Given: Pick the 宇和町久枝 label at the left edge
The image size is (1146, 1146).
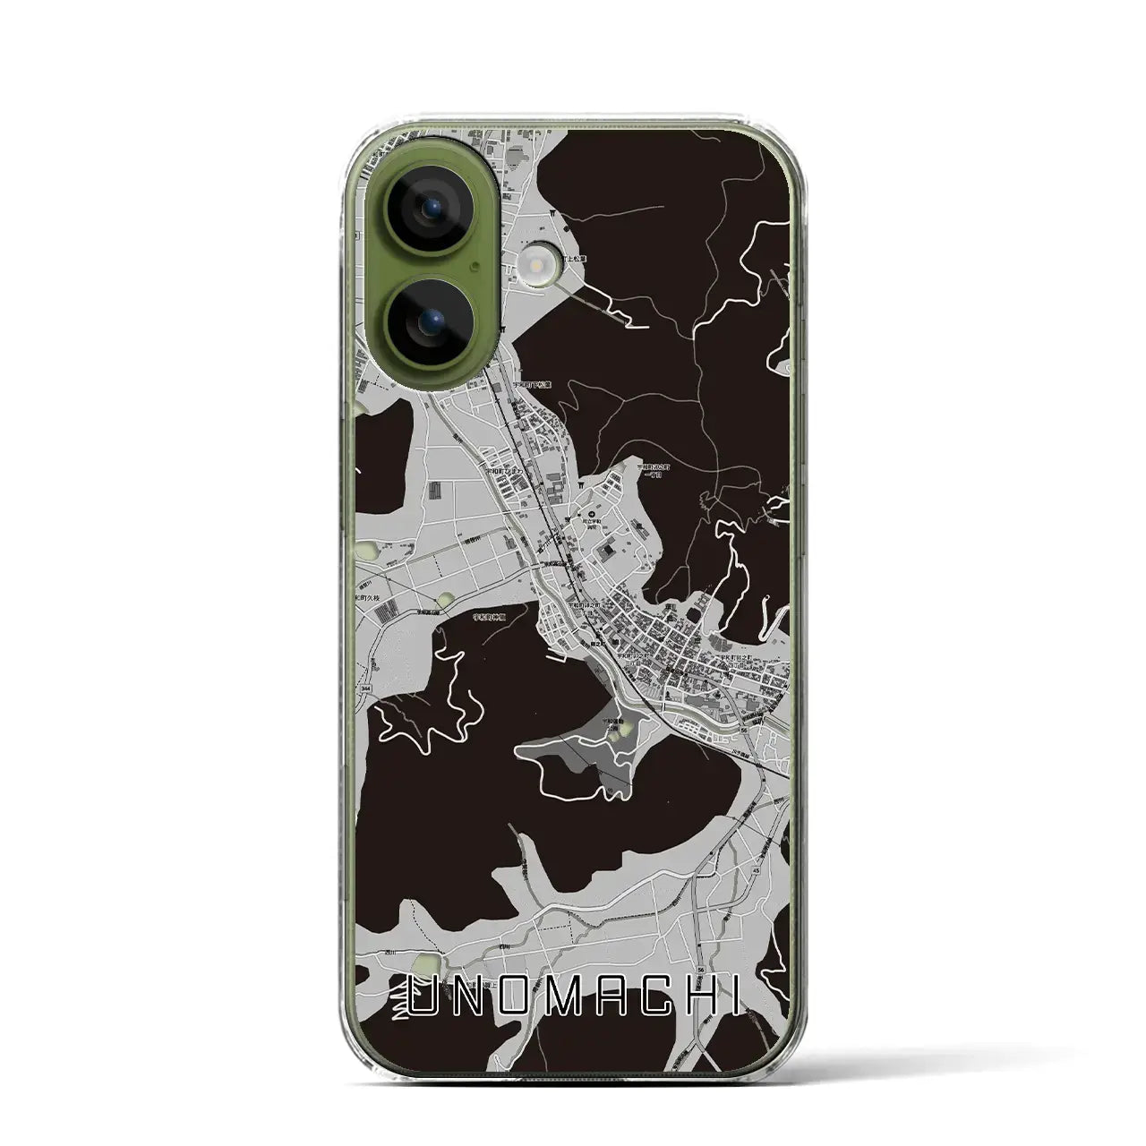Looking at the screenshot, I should (369, 597).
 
